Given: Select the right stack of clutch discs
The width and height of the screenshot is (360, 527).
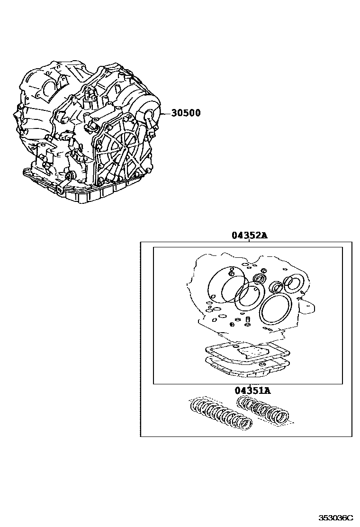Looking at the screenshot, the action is [262, 409].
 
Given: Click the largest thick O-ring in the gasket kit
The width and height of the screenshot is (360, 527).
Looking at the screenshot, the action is [275, 311].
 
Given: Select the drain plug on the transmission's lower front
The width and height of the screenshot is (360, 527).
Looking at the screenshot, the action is [70, 177].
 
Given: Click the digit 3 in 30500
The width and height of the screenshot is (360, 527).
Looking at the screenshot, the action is [174, 113].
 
